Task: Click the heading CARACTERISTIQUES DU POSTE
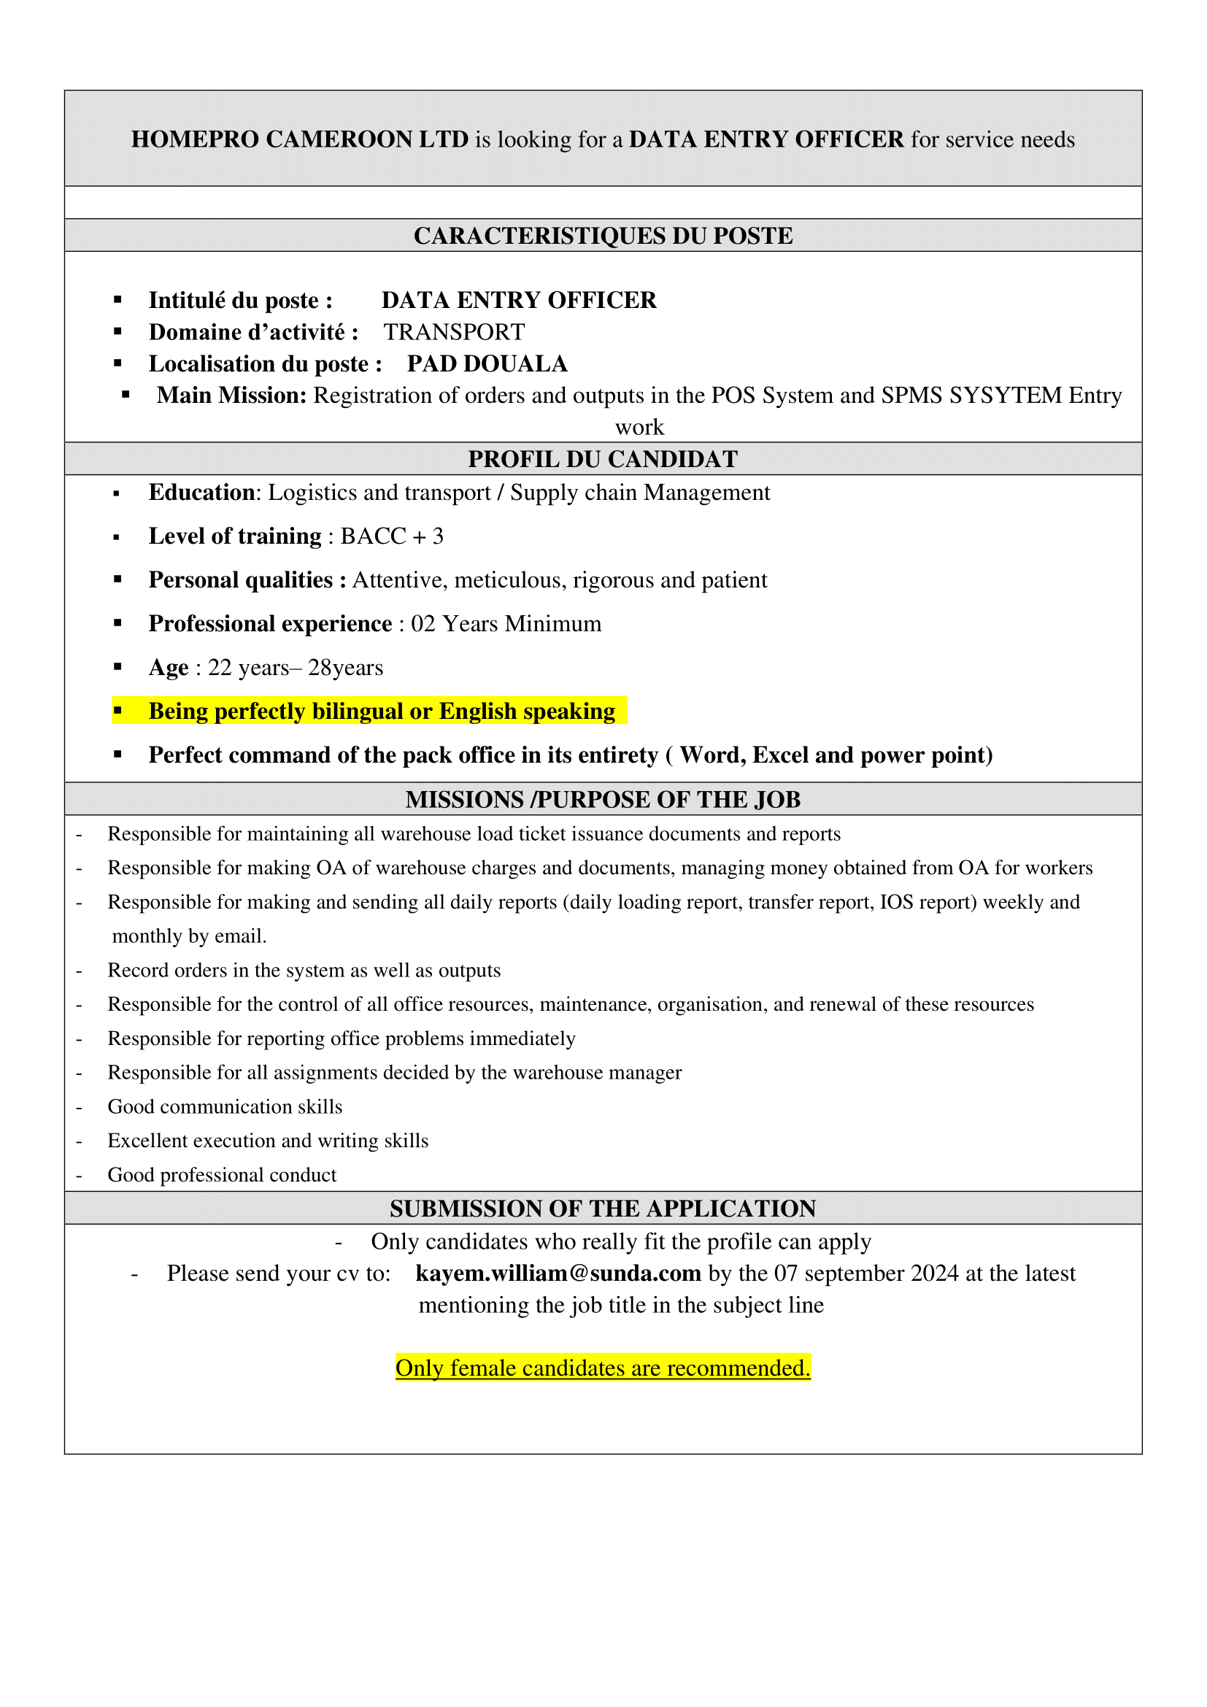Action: click(603, 236)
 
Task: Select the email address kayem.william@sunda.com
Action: click(558, 1273)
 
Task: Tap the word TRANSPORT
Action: click(454, 332)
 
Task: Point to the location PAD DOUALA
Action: click(487, 364)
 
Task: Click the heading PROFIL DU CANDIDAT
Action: click(603, 460)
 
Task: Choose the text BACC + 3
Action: click(392, 537)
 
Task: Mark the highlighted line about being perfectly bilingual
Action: click(381, 712)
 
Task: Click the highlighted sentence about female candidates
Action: click(603, 1368)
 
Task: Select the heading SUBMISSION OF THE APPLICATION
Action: click(603, 1209)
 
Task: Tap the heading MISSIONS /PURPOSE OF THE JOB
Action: click(603, 800)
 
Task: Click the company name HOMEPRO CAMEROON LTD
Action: click(299, 140)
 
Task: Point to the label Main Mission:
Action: click(231, 396)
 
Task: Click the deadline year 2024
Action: click(935, 1273)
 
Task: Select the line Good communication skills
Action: click(225, 1107)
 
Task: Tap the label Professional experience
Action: click(270, 624)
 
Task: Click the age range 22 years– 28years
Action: click(295, 668)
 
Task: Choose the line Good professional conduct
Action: click(222, 1176)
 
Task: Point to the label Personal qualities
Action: click(240, 580)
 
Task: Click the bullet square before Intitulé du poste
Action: click(117, 300)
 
